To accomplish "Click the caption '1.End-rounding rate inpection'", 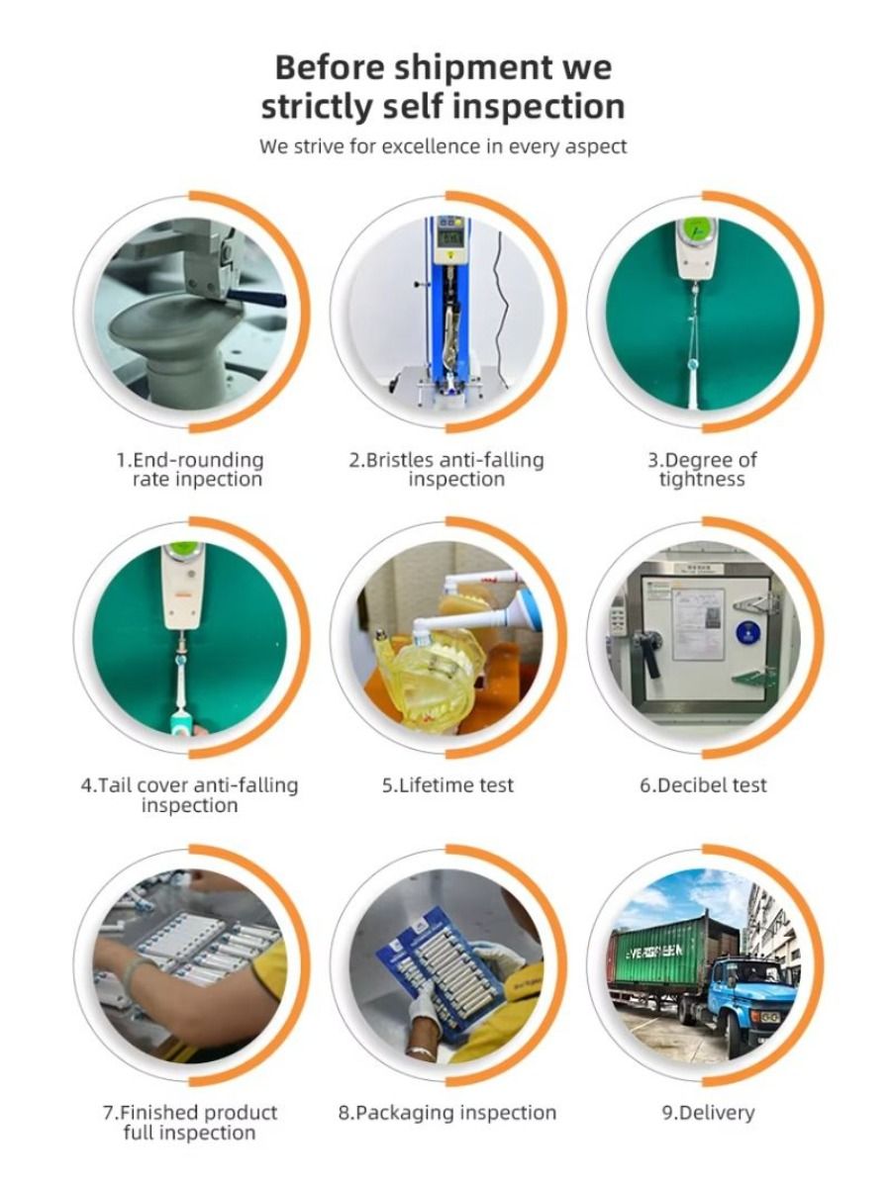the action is point(190,470).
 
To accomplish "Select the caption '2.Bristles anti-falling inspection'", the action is point(446,470).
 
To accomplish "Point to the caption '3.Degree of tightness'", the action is point(702,470).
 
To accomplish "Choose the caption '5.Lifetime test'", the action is point(447,785).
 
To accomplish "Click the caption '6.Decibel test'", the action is point(703,785).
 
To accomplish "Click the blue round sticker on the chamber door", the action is point(747,633).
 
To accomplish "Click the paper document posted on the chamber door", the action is point(697,623).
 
